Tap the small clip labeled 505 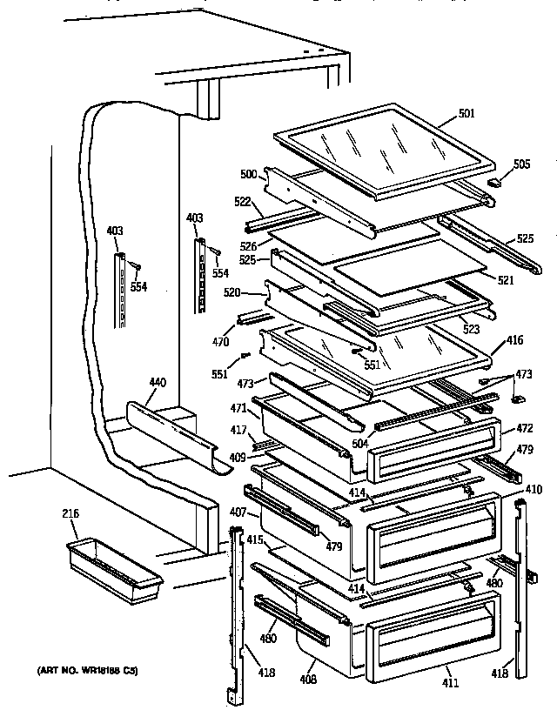[497, 184]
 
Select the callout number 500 [249, 175]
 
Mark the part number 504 [359, 442]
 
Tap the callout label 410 [534, 489]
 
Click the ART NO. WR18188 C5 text [87, 670]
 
